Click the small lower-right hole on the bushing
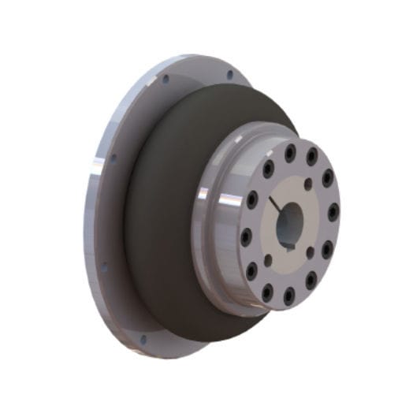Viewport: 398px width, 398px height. (x=310, y=251)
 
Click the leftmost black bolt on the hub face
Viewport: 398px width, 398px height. (x=246, y=236)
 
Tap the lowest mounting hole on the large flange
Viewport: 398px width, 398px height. (x=143, y=340)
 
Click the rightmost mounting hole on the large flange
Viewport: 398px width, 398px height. (x=229, y=76)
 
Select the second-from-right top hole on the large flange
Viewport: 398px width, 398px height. (x=166, y=80)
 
